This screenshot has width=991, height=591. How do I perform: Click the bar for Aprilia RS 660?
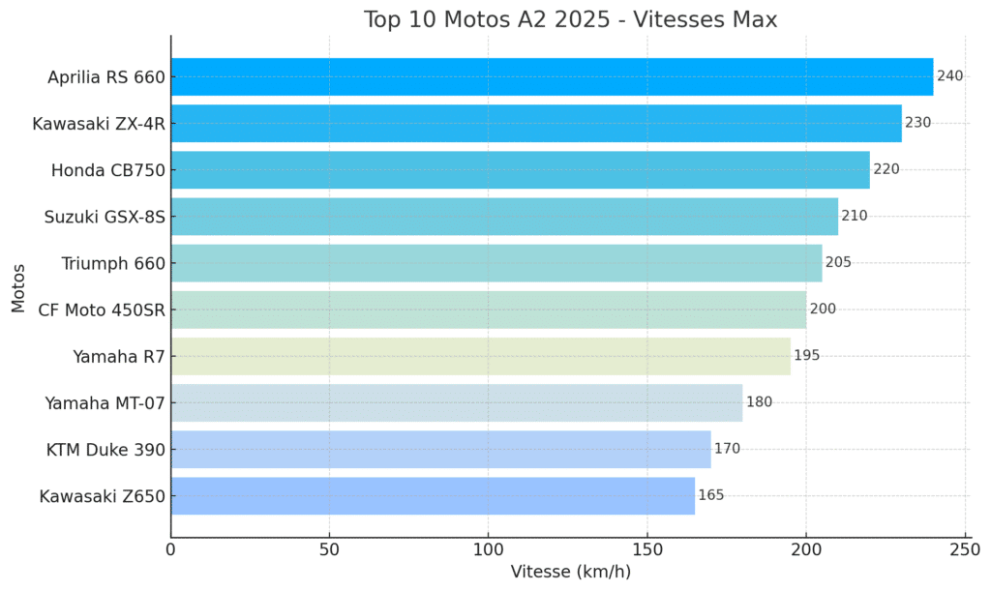point(552,76)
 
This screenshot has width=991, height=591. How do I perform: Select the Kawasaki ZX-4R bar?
point(536,123)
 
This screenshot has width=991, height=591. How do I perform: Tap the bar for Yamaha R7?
point(480,356)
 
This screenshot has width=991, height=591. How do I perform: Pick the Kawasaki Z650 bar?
point(433,496)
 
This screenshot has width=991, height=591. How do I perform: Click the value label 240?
point(949,76)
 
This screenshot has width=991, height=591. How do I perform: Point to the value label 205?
point(838,263)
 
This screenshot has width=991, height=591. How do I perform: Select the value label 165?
point(710,496)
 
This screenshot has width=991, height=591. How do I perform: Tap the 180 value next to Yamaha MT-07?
point(759,402)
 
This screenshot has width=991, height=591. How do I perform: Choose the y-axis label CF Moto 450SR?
point(101,310)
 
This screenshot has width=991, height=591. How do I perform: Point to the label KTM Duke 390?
point(105,450)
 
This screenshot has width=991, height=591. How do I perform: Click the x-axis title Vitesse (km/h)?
point(570,573)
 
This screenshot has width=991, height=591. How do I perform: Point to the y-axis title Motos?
point(18,286)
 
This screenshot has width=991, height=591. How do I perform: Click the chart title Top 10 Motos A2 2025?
point(570,19)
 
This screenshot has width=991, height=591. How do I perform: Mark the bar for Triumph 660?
point(496,263)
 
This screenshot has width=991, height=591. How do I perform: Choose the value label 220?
point(886,169)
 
